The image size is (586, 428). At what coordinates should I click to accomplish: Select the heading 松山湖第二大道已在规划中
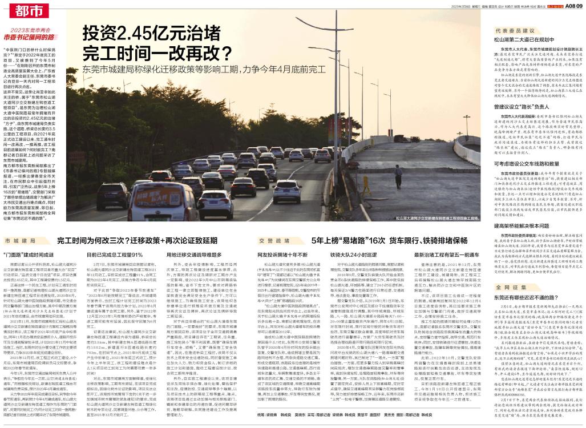pyautogui.click(x=523, y=41)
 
